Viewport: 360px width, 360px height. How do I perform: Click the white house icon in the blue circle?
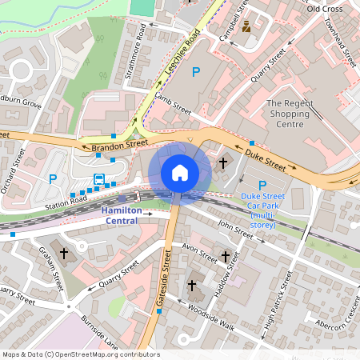(180, 172)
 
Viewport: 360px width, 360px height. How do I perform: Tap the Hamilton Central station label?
(122, 214)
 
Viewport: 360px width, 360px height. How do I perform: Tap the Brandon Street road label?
(120, 144)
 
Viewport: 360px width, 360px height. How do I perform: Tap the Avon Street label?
(199, 253)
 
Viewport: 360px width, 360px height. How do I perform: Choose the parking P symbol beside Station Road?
(54, 179)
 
